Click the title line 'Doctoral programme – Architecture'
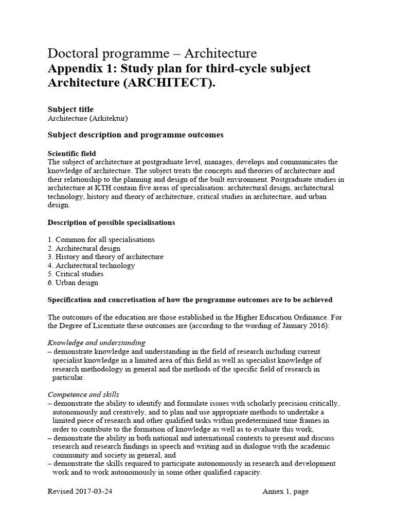coord(152,53)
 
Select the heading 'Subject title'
coord(70,109)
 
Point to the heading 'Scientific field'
coord(71,154)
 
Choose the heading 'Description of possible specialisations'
coord(111,222)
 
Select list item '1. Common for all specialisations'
coord(101,240)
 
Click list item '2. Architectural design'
coord(84,249)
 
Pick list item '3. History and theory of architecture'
coord(105,257)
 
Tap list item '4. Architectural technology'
coord(91,266)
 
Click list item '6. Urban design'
coord(73,283)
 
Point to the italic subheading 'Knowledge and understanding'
coord(96,343)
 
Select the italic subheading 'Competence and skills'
coord(83,394)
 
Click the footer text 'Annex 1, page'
coord(285,492)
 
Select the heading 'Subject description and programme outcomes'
coord(135,135)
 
